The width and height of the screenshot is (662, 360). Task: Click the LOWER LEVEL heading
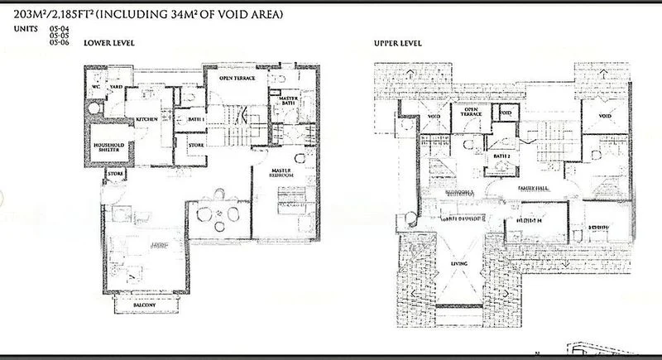pyautogui.click(x=109, y=42)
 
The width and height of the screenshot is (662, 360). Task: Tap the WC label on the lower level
pyautogui.click(x=96, y=85)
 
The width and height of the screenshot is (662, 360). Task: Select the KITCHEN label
pyautogui.click(x=147, y=120)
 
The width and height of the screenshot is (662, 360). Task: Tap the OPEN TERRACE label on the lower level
pyautogui.click(x=237, y=78)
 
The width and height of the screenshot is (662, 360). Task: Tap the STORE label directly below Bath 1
pyautogui.click(x=196, y=146)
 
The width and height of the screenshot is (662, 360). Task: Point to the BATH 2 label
pyautogui.click(x=501, y=156)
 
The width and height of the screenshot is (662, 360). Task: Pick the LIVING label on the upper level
pyautogui.click(x=458, y=263)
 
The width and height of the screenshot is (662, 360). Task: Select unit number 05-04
pyautogui.click(x=58, y=30)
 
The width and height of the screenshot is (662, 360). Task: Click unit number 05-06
pyautogui.click(x=58, y=42)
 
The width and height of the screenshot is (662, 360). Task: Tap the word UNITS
pyautogui.click(x=25, y=29)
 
